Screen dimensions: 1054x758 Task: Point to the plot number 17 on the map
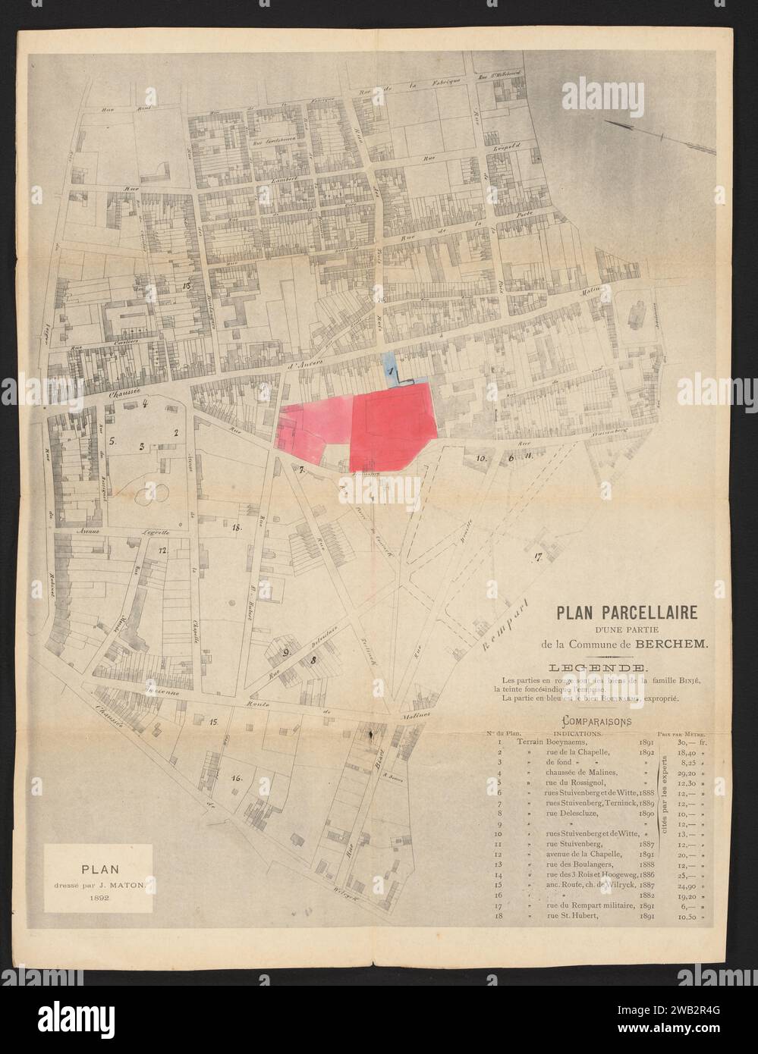[x=539, y=558]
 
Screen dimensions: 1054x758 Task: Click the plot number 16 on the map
[x=237, y=777]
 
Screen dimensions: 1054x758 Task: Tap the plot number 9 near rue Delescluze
[x=287, y=651]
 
